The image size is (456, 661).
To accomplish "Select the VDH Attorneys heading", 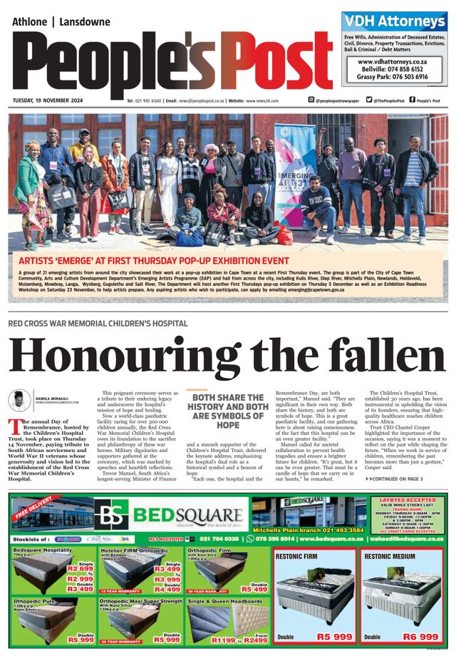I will (x=393, y=21).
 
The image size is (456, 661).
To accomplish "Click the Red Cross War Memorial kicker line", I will (x=98, y=323).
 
